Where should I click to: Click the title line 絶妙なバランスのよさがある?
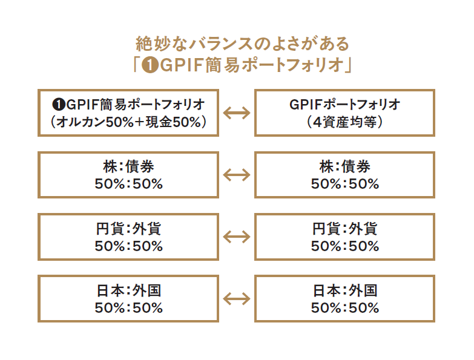coord(243,44)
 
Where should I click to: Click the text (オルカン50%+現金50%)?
coord(128,121)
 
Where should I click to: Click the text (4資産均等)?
coord(344,121)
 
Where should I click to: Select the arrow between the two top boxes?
coord(237,113)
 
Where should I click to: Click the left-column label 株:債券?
coord(128,167)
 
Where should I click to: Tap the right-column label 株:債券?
coord(344,167)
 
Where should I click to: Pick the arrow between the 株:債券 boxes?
coord(237,175)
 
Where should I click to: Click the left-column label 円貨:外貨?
coord(128,229)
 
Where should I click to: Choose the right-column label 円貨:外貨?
coord(344,229)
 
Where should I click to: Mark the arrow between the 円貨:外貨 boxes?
coord(237,237)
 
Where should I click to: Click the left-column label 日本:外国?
coord(128,291)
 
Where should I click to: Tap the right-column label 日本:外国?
coord(344,291)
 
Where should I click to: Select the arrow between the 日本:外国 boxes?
coord(237,299)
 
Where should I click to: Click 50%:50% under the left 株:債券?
coord(128,184)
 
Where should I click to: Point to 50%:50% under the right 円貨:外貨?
coord(344,246)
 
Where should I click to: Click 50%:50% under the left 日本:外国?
coord(128,308)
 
